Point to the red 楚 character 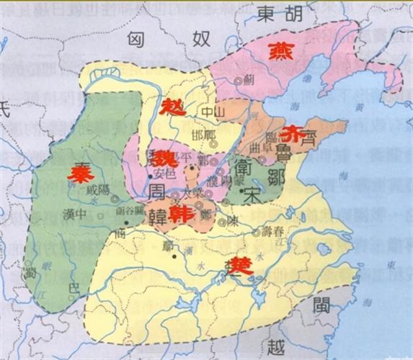coord(238,266)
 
